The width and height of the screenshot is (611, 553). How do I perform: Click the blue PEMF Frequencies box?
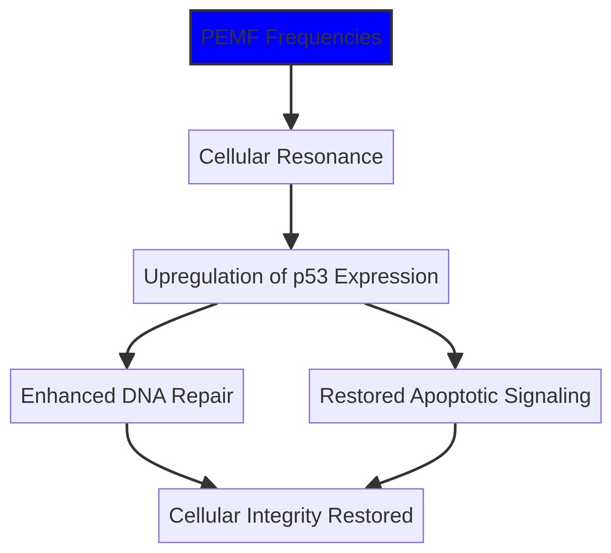(x=291, y=37)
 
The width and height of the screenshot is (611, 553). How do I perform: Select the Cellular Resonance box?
(x=291, y=157)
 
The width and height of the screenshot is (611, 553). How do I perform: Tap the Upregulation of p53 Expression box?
(x=291, y=276)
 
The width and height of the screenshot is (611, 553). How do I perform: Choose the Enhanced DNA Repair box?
(x=126, y=396)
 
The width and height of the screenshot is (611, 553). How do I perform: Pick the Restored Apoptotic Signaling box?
(x=455, y=396)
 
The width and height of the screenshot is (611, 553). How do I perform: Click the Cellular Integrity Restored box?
(x=291, y=516)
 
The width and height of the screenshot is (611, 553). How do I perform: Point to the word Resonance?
(x=329, y=157)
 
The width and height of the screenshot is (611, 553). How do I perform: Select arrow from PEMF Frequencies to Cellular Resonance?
(x=291, y=92)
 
